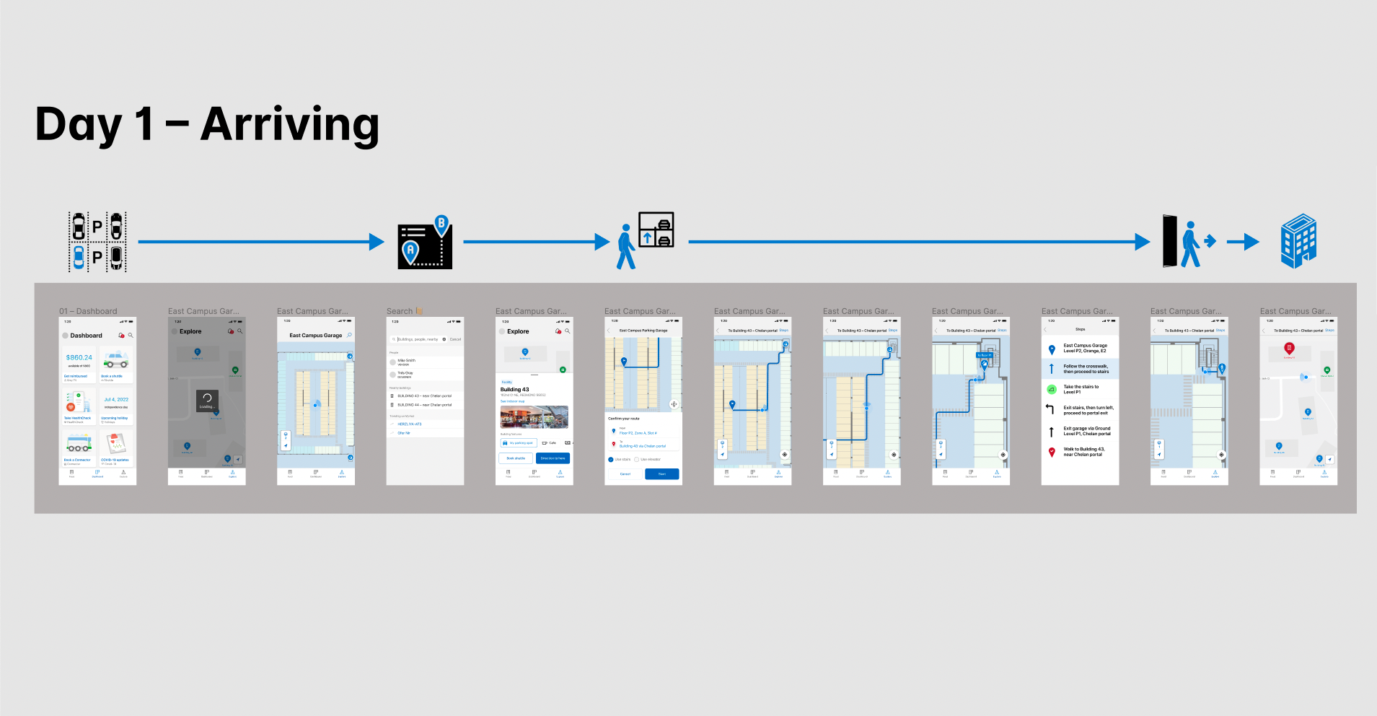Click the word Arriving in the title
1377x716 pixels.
[290, 124]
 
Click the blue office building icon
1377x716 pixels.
[1298, 241]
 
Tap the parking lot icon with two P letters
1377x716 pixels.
[97, 242]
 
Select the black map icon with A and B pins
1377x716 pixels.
[425, 243]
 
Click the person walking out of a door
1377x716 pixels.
[1189, 241]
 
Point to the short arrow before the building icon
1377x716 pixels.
[1243, 242]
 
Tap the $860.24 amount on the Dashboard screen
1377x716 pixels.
[79, 357]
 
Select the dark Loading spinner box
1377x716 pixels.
[207, 401]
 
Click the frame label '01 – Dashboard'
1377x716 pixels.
[88, 311]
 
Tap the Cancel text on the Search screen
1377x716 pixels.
[455, 339]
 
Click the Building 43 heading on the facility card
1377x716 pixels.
[515, 389]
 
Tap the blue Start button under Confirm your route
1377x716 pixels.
[661, 474]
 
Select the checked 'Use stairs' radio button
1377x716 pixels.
[611, 460]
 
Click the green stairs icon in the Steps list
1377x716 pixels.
[1052, 389]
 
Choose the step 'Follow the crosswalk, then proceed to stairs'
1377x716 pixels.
[1086, 369]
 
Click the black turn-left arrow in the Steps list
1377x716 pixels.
[1051, 409]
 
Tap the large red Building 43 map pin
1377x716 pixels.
[1289, 349]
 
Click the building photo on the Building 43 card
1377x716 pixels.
[534, 417]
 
